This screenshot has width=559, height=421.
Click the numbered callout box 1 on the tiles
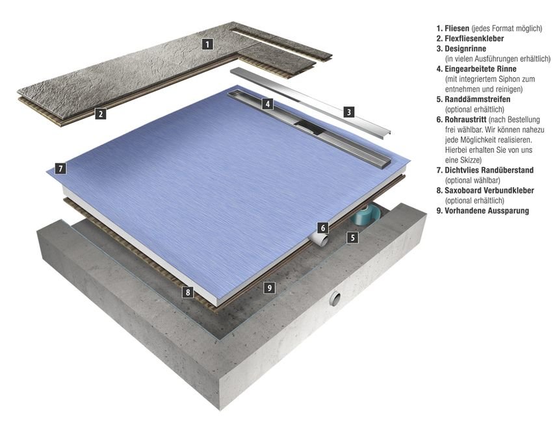click(207, 44)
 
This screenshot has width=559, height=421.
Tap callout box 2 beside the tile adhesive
click(101, 114)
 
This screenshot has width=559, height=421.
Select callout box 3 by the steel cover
click(349, 112)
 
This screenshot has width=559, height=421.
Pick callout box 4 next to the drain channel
click(268, 104)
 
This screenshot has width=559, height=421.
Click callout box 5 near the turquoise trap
click(352, 237)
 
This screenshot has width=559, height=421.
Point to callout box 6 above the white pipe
click(323, 228)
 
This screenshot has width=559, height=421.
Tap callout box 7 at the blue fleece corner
click(61, 168)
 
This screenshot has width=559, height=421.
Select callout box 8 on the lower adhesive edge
click(188, 292)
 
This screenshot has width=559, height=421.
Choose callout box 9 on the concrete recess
click(270, 287)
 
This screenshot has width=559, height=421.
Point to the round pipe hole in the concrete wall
click(335, 298)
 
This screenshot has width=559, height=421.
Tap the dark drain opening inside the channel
click(307, 125)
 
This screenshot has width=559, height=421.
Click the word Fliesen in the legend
click(457, 28)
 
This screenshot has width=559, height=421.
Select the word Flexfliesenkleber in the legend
click(474, 38)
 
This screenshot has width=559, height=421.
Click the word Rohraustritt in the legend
click(465, 120)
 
